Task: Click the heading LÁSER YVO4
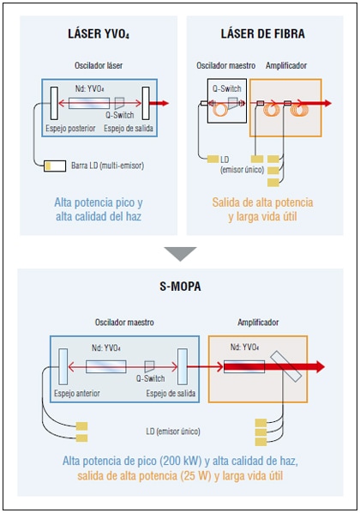pyautogui.click(x=99, y=34)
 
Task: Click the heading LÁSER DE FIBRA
pyautogui.click(x=262, y=33)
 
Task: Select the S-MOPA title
pyautogui.click(x=180, y=287)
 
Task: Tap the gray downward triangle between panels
pyautogui.click(x=180, y=254)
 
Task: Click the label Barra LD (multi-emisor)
pyautogui.click(x=108, y=166)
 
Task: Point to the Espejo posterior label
pyautogui.click(x=70, y=129)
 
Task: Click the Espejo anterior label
pyautogui.click(x=77, y=393)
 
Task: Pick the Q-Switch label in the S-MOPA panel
pyautogui.click(x=150, y=378)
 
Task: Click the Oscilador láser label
pyautogui.click(x=99, y=65)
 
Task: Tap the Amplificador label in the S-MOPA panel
pyautogui.click(x=258, y=323)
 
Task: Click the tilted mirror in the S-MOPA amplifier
pyautogui.click(x=286, y=366)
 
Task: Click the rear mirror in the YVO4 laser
pyautogui.click(x=54, y=103)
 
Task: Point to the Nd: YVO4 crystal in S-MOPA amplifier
pyautogui.click(x=244, y=366)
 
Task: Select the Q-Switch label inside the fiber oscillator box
pyautogui.click(x=226, y=88)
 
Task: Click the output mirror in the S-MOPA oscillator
pyautogui.click(x=182, y=366)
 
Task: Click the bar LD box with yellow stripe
pyautogui.click(x=55, y=166)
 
